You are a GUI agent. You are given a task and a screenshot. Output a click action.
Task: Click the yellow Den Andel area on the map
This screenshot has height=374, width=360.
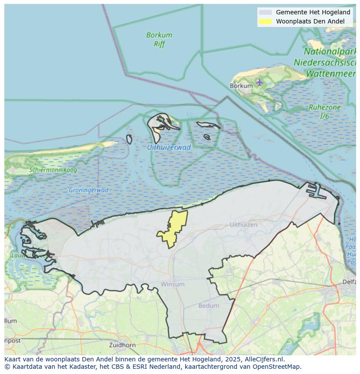click(x=174, y=228)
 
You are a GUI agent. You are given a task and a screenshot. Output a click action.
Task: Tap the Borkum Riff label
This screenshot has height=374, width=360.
click(x=159, y=39)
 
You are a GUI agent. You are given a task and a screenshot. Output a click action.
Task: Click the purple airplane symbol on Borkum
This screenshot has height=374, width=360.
click(x=260, y=82)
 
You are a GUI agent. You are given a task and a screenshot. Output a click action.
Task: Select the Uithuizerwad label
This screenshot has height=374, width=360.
click(x=169, y=147)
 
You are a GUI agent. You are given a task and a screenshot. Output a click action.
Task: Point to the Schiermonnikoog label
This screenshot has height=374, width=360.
click(x=53, y=170)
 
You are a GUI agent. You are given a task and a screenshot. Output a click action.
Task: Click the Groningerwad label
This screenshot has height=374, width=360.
click(x=88, y=190)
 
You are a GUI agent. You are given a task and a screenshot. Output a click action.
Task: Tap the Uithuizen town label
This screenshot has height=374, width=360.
click(x=243, y=225)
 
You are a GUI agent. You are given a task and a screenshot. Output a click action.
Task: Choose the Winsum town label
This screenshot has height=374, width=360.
click(x=173, y=284)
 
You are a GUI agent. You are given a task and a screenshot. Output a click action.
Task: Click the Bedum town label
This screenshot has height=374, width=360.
click(x=209, y=305)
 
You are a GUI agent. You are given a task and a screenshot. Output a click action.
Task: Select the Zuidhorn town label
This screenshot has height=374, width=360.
click(x=123, y=345)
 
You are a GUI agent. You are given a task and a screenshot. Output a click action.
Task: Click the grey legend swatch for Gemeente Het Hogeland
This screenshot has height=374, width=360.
click(x=265, y=13)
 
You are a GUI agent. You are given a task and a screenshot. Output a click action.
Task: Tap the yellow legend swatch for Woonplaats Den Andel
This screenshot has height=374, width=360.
click(x=265, y=21)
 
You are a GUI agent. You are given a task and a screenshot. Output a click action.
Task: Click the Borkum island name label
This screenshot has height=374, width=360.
click(x=241, y=86)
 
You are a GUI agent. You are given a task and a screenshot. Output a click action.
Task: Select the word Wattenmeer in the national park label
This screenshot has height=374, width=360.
click(x=331, y=73)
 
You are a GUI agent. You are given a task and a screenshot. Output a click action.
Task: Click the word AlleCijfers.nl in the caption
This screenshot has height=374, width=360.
click(x=264, y=359)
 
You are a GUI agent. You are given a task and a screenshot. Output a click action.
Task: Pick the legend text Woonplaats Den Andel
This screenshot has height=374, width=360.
click(x=310, y=21)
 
